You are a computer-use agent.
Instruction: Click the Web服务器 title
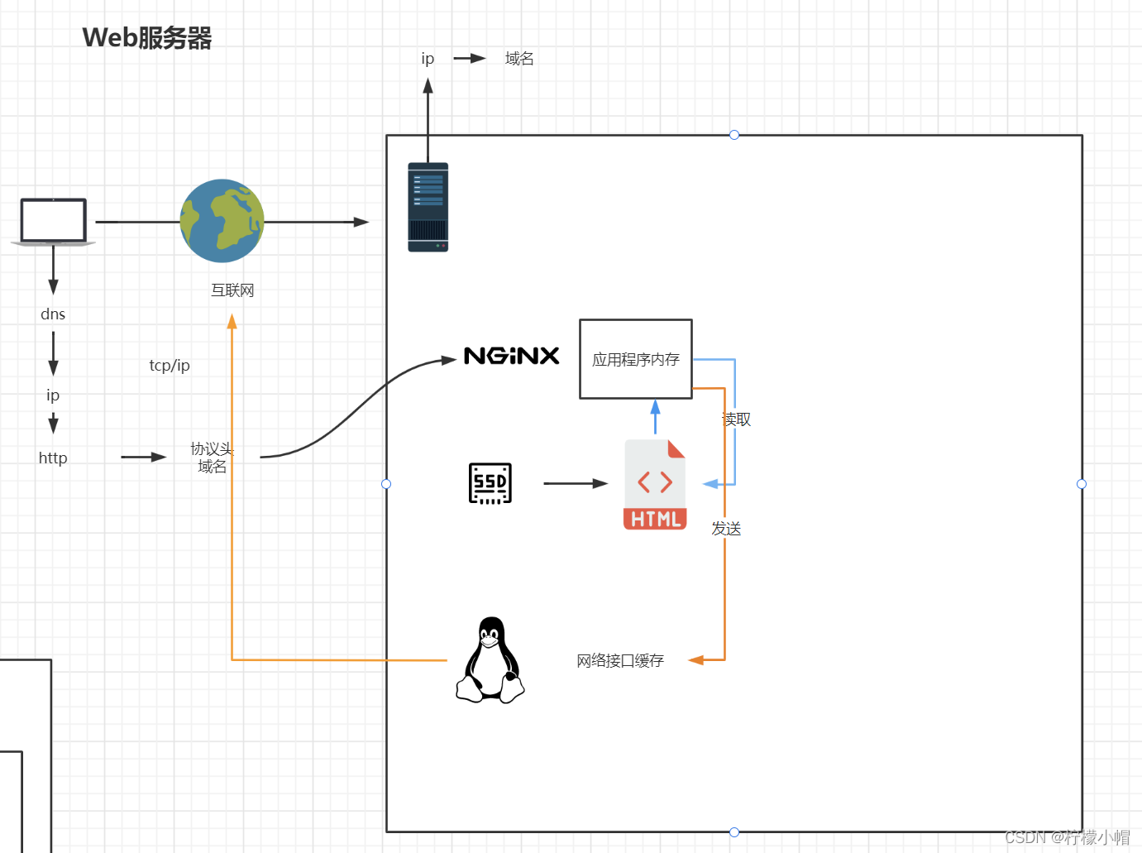(147, 38)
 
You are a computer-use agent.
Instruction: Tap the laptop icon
(54, 222)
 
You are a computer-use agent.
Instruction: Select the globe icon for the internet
(222, 221)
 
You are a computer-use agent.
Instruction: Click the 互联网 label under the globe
(232, 290)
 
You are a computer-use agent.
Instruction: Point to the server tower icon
(428, 207)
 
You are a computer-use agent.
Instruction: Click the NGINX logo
(512, 356)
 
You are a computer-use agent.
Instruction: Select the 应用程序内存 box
(635, 359)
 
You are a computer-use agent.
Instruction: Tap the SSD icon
(490, 483)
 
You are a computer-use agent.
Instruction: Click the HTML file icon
(655, 485)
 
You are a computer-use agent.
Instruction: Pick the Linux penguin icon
(490, 661)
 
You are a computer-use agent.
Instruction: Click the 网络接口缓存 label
(620, 660)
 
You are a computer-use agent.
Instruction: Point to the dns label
(53, 314)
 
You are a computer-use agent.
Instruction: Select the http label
(53, 458)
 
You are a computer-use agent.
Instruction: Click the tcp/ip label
(170, 366)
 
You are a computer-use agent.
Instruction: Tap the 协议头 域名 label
(212, 458)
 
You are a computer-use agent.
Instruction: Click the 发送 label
(726, 529)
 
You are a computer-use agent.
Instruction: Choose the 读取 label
(737, 419)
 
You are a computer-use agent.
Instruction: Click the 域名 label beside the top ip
(519, 59)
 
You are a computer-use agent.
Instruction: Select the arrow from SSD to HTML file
(576, 483)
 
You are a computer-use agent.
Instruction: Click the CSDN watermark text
(1067, 837)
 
